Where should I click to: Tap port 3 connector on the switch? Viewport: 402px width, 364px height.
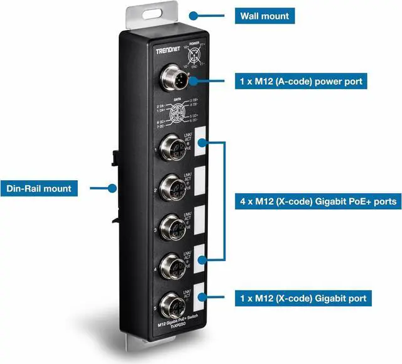click(x=171, y=226)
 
